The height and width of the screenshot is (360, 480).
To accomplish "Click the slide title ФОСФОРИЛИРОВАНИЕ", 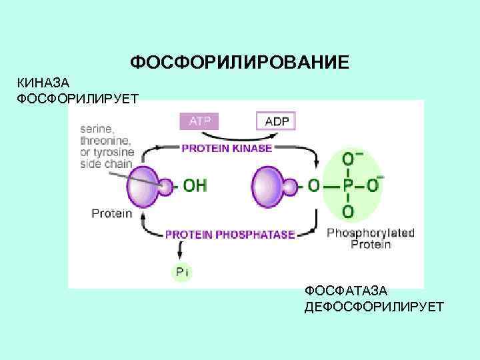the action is coord(239,63).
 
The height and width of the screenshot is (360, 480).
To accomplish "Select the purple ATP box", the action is coord(199,121).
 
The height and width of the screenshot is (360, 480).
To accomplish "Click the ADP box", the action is coord(275,121).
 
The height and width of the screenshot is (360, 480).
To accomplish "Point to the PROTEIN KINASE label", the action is coord(227,148).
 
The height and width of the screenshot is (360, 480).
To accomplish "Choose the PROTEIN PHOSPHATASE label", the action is coord(230,234).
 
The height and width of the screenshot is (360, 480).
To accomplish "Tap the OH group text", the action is coord(195,186).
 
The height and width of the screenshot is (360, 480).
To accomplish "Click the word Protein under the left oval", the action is coord(111,214).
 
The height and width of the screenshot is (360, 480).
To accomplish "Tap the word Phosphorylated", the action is coord(371,233).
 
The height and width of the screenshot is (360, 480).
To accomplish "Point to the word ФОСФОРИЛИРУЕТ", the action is coord(77,99).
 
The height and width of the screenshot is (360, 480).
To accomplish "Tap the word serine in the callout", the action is coord(97,129).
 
